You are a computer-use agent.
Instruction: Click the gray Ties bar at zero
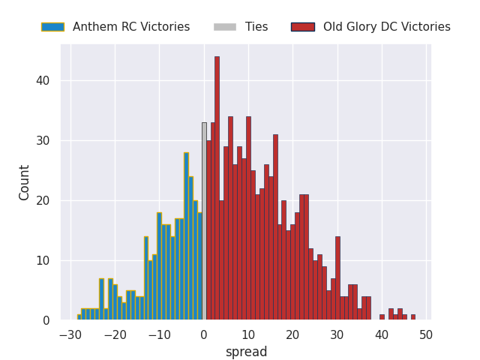(x=204, y=221)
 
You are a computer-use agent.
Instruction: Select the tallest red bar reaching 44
(x=217, y=187)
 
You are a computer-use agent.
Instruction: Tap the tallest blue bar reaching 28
(x=186, y=236)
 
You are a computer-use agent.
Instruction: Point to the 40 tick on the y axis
(x=46, y=81)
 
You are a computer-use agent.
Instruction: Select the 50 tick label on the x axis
(x=426, y=334)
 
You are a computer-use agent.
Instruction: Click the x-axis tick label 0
(x=204, y=334)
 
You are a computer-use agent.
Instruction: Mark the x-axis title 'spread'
(x=246, y=352)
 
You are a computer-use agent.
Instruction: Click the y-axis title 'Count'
(x=25, y=182)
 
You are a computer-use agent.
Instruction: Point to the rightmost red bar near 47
(x=412, y=317)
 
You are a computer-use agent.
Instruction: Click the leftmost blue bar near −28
(x=79, y=317)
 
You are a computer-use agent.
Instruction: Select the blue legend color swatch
(x=52, y=27)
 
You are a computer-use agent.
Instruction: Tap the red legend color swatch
(x=302, y=27)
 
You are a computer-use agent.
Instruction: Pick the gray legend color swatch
(x=224, y=27)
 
